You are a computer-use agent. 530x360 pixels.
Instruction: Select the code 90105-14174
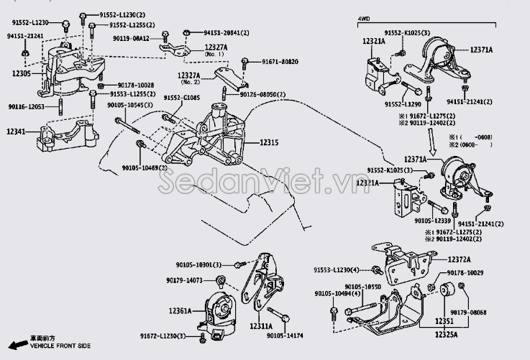(286, 334)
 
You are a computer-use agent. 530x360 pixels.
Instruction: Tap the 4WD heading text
(365, 20)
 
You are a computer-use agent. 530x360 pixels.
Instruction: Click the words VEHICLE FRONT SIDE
(61, 346)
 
